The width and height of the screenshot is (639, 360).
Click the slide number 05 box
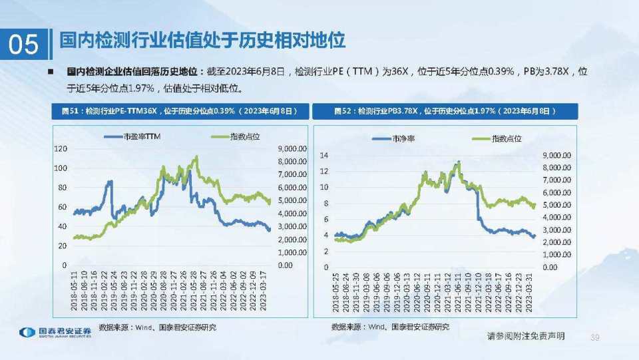[x=24, y=44]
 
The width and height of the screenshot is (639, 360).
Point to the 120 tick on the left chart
[x=60, y=149]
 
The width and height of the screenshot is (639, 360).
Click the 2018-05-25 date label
[x=336, y=295]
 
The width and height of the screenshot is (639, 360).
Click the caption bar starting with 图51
[x=180, y=111]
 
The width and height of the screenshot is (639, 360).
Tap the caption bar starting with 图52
[x=446, y=111]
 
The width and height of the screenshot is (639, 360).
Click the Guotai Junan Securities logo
[x=56, y=333]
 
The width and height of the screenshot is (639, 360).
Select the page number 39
[x=595, y=338]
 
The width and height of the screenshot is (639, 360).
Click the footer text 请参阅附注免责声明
[x=526, y=337]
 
